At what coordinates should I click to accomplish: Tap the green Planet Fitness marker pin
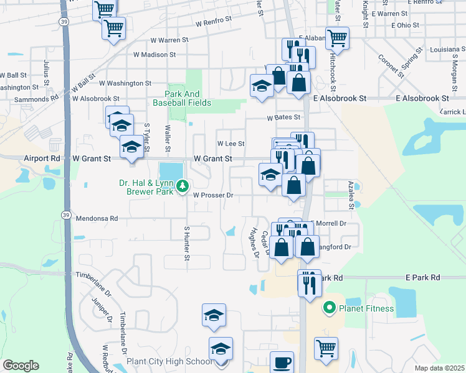pos(329,307)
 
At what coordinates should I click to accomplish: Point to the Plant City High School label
pos(169,362)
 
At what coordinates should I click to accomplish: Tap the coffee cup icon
pos(282,362)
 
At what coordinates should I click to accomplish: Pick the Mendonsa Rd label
pos(97,219)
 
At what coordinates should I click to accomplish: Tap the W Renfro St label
pos(213,21)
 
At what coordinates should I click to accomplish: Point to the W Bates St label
pos(283,117)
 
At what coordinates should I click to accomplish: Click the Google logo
pos(21,366)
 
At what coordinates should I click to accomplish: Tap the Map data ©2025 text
pos(439,368)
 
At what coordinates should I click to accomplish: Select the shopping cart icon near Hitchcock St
pos(337,37)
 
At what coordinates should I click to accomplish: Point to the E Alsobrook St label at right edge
pos(422,98)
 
